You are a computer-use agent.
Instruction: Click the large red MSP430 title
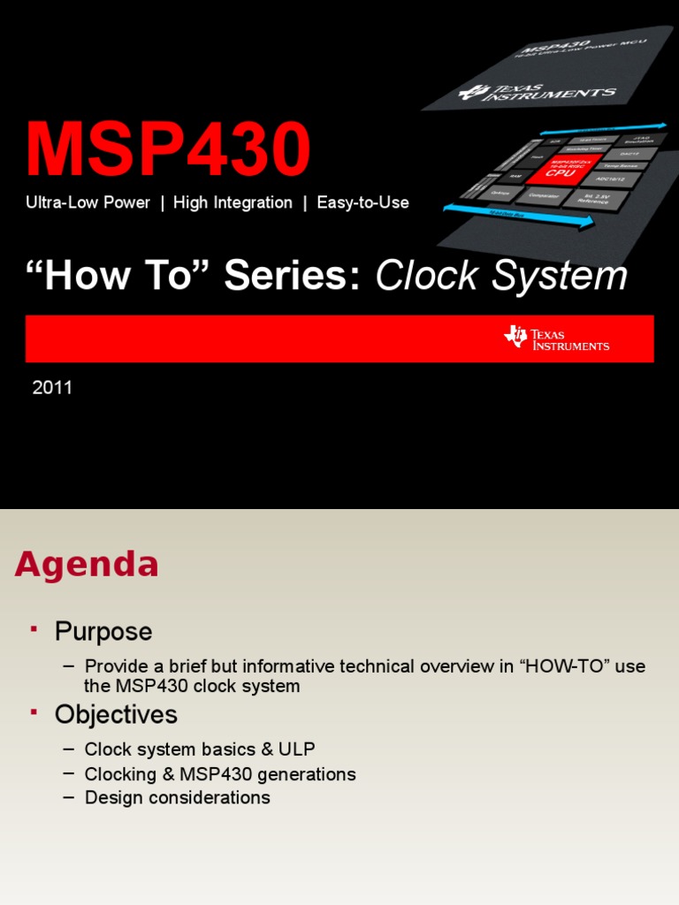pos(168,150)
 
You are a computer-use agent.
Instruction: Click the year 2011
pos(52,387)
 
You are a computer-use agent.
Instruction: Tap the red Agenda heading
pos(87,564)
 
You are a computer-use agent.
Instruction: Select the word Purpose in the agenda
pos(103,632)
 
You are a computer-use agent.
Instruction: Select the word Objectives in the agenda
pos(116,714)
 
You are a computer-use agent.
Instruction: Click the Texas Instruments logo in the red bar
pos(556,338)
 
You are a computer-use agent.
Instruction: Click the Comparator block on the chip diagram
pos(543,194)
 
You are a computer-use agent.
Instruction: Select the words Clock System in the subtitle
pos(501,276)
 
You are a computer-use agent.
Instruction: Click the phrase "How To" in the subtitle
pos(118,276)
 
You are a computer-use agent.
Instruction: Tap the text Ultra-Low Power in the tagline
pos(88,202)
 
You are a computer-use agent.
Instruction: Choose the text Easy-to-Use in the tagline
pos(362,202)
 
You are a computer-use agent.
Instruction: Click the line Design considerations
pos(177,797)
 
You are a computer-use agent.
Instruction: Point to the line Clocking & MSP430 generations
pos(220,774)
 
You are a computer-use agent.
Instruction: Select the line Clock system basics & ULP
pos(200,749)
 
